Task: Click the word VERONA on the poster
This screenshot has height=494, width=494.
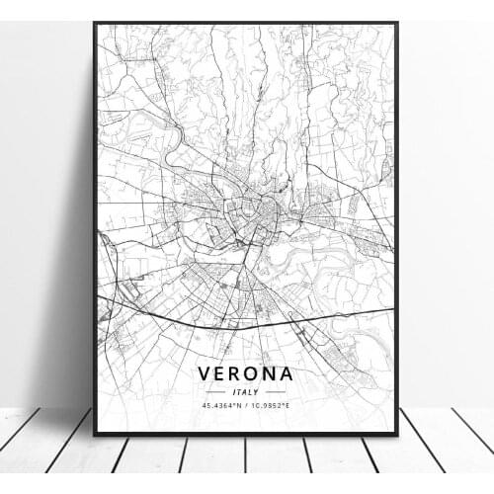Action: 246,374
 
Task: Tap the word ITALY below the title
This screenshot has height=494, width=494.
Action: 246,391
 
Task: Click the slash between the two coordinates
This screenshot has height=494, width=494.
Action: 246,404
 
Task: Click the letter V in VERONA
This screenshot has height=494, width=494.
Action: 205,374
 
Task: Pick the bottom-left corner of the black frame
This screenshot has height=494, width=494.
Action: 95,434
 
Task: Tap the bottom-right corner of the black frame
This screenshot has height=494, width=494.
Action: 397,434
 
